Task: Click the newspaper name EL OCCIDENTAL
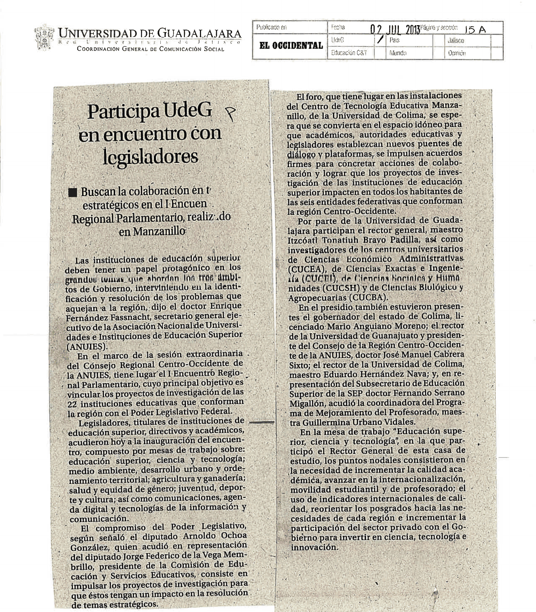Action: click(x=290, y=46)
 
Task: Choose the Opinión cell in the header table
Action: click(x=456, y=54)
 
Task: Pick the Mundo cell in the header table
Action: click(x=397, y=54)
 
